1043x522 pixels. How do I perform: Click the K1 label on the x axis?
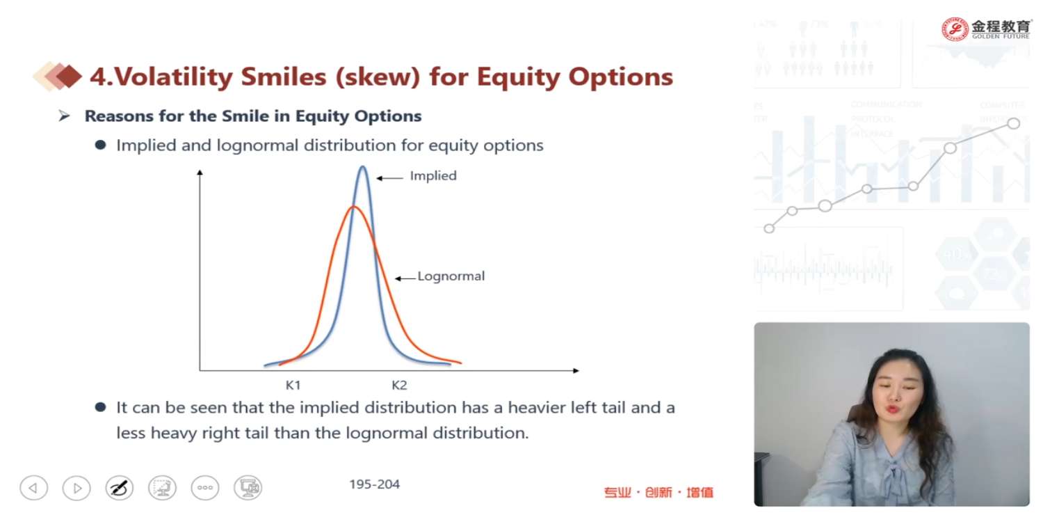(293, 385)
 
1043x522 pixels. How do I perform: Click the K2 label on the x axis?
(399, 385)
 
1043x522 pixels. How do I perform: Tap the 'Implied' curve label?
(433, 176)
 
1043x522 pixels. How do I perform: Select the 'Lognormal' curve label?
(451, 276)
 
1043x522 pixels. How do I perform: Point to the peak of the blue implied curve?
(363, 167)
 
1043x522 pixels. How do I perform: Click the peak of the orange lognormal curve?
(354, 207)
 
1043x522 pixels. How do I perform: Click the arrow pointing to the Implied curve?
(389, 178)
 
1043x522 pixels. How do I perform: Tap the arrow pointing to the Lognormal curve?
(405, 278)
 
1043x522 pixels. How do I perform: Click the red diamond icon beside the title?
(68, 76)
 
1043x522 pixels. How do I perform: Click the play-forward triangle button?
(76, 488)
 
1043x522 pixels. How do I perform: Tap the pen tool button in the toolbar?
(119, 488)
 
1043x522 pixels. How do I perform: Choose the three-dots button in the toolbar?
(205, 488)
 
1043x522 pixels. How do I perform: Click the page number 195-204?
(374, 484)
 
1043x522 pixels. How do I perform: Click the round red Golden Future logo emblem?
(955, 29)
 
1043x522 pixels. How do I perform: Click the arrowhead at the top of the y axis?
(200, 173)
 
